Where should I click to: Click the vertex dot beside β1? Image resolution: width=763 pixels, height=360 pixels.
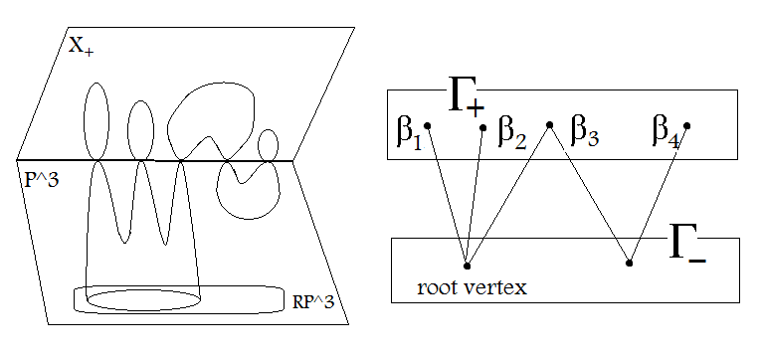[x=428, y=125]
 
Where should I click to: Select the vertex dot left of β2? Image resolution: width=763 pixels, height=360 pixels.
[x=483, y=126]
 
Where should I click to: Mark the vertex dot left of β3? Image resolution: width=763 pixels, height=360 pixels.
[x=549, y=125]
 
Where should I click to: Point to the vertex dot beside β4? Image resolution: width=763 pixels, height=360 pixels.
[x=687, y=125]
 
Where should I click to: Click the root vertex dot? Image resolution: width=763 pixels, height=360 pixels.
[x=467, y=265]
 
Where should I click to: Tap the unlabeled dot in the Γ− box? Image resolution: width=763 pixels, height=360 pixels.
[x=630, y=264]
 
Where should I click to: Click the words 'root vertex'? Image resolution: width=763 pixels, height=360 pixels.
[x=472, y=287]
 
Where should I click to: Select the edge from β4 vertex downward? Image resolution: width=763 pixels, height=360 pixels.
[x=659, y=194]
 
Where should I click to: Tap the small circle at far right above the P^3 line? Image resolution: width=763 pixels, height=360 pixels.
[x=267, y=145]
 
